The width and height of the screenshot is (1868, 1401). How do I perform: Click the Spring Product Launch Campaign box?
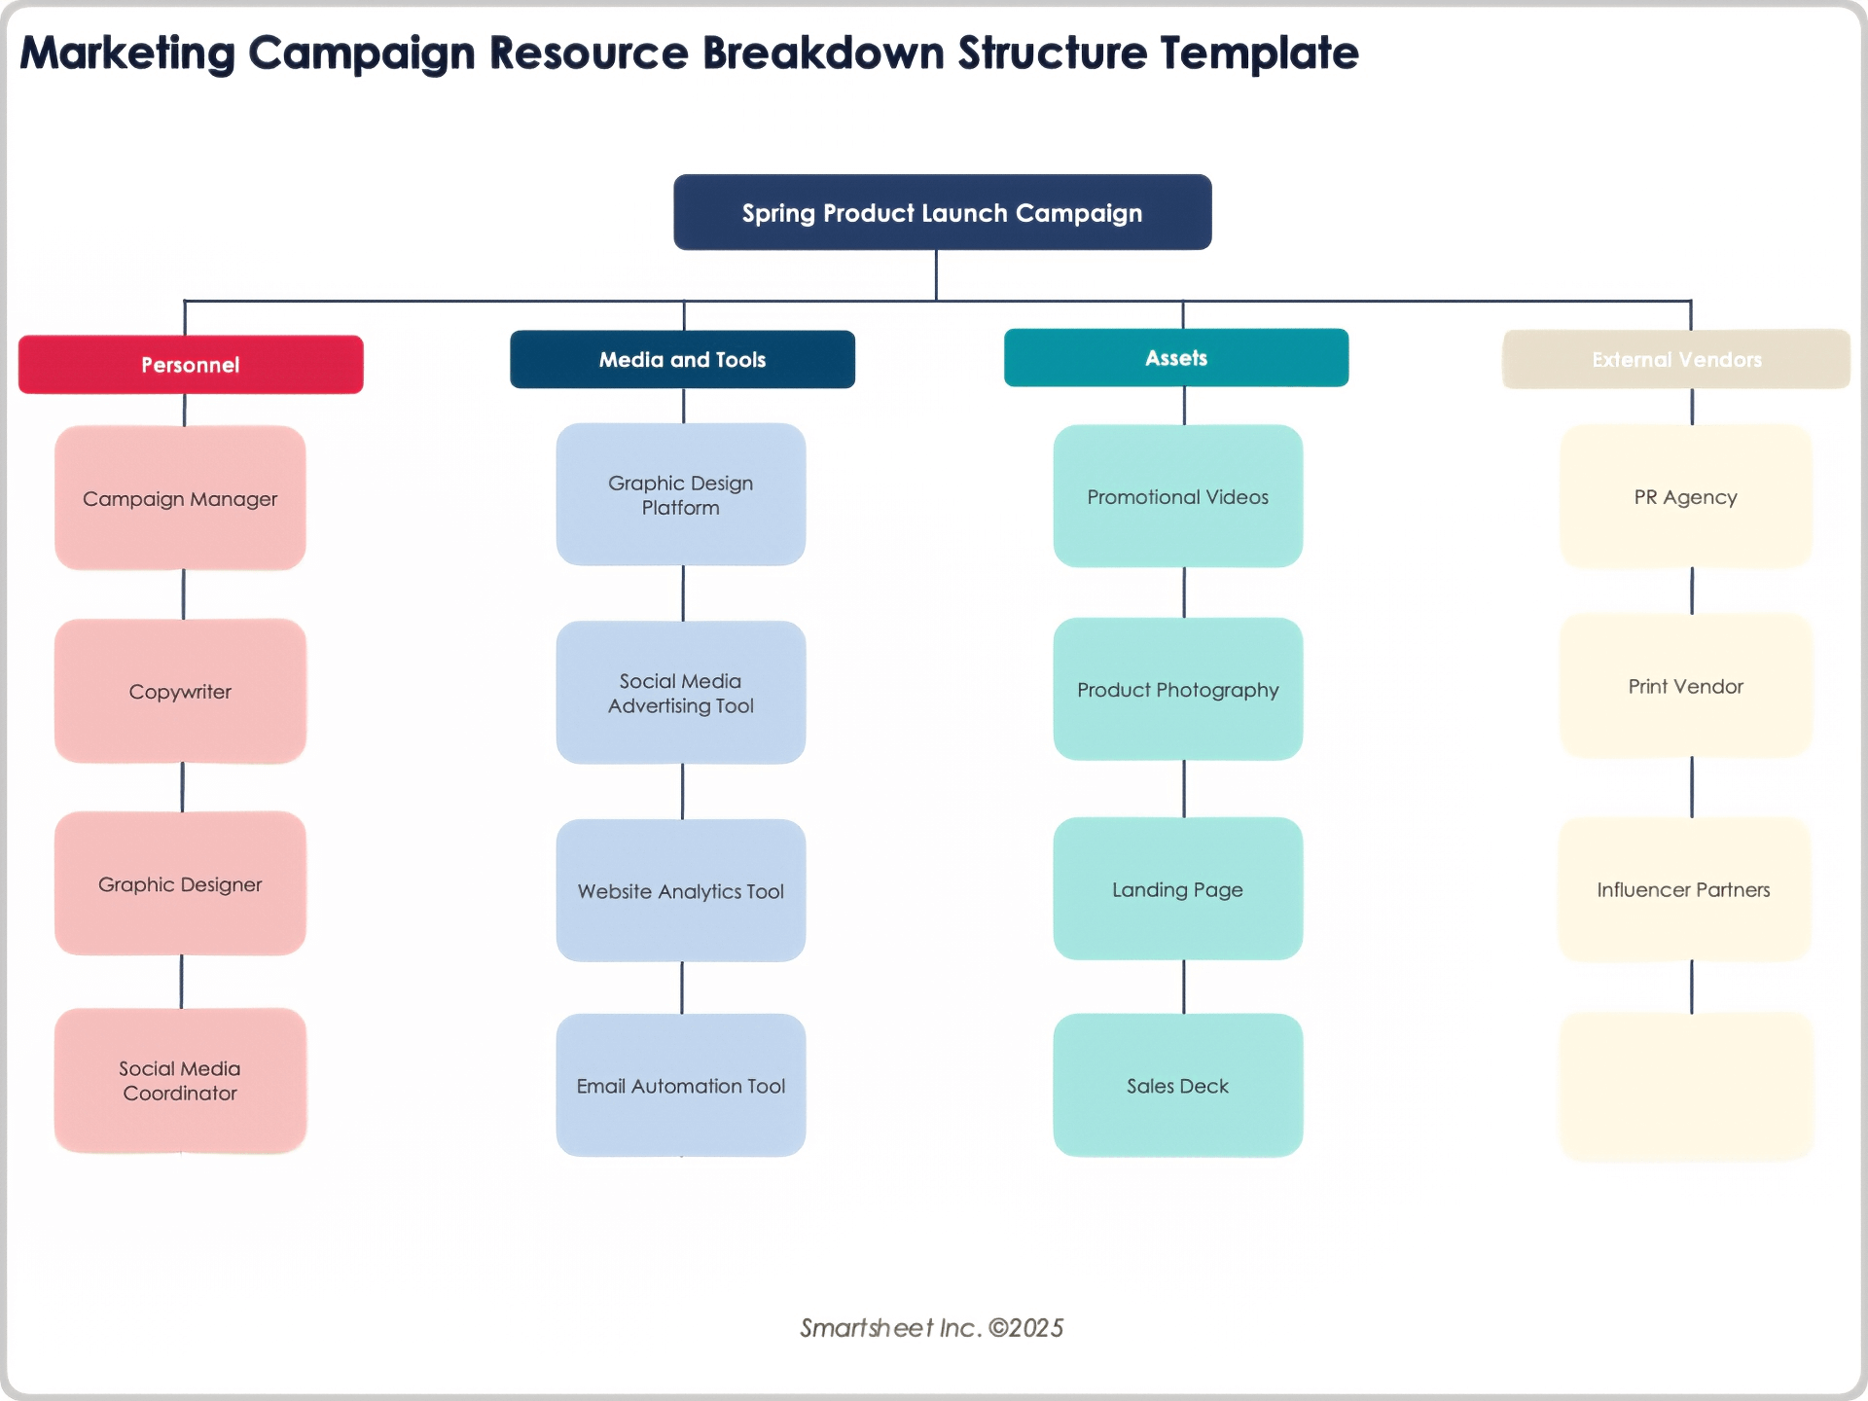coord(942,212)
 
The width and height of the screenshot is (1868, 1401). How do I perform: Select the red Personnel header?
coord(191,365)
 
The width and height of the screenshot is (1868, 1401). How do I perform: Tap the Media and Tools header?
coord(682,359)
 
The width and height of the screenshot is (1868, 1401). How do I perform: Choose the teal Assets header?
coord(1175,358)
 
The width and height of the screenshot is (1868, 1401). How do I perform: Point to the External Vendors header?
coord(1675,359)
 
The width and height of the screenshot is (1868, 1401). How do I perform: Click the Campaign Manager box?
coord(180,498)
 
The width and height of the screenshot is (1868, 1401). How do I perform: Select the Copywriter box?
coord(180,691)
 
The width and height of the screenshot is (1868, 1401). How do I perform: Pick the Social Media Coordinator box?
coord(180,1080)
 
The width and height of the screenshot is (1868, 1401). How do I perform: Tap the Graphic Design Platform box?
coord(680,494)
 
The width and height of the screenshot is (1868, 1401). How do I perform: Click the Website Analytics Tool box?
coord(680,890)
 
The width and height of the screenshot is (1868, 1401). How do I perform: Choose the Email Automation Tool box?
coord(680,1085)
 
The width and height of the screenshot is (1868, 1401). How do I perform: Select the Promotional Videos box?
coord(1177,496)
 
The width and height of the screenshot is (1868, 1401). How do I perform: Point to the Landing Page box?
coord(1177,888)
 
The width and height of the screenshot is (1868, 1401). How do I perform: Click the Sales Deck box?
coord(1177,1085)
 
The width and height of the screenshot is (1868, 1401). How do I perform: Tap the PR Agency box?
coord(1685,496)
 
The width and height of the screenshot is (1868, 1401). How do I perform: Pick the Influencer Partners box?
coord(1683,889)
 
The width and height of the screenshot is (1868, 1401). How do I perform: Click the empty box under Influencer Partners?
coord(1686,1086)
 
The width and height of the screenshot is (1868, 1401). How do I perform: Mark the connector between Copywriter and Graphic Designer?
coord(182,787)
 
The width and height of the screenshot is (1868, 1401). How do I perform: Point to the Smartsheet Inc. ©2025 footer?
coord(931,1328)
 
